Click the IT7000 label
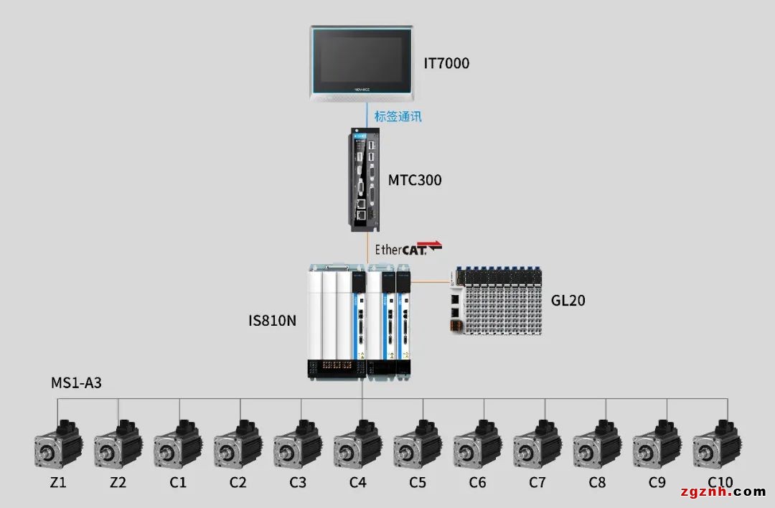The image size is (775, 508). pyautogui.click(x=446, y=63)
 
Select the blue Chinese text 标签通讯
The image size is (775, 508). pyautogui.click(x=398, y=116)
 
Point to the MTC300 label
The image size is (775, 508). pyautogui.click(x=415, y=180)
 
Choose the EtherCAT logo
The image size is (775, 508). pyautogui.click(x=408, y=249)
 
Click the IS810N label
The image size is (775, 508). pyautogui.click(x=272, y=320)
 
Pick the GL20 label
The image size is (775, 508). pyautogui.click(x=568, y=300)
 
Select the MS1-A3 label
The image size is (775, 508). pyautogui.click(x=76, y=383)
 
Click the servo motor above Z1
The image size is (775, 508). pyautogui.click(x=58, y=444)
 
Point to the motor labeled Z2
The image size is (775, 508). pyautogui.click(x=118, y=444)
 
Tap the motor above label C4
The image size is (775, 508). pyautogui.click(x=357, y=444)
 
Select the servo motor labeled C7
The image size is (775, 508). pyautogui.click(x=537, y=444)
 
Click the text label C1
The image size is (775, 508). pyautogui.click(x=178, y=483)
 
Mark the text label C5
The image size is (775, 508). pyautogui.click(x=418, y=483)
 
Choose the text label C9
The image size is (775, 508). pyautogui.click(x=657, y=483)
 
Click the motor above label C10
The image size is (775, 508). pyautogui.click(x=717, y=444)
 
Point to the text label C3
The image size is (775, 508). pyautogui.click(x=298, y=483)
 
